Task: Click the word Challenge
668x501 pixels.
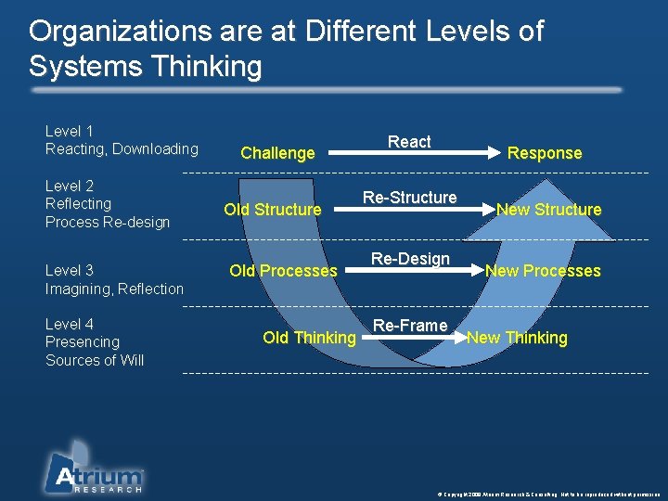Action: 277,153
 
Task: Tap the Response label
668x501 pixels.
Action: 545,153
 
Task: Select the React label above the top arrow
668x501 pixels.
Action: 409,142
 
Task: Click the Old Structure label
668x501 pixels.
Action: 272,210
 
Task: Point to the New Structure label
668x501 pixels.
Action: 548,210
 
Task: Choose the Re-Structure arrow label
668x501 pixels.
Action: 409,198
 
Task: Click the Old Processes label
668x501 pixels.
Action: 283,271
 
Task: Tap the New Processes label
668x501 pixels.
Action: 543,271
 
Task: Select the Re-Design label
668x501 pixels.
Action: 410,259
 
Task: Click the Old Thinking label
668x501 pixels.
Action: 309,338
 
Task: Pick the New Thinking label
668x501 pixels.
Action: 517,338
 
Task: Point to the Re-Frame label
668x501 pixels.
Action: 410,326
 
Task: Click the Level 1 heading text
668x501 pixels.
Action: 70,132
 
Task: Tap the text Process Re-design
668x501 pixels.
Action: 108,222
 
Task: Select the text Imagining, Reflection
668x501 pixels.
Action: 115,289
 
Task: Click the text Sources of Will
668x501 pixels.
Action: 95,360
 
